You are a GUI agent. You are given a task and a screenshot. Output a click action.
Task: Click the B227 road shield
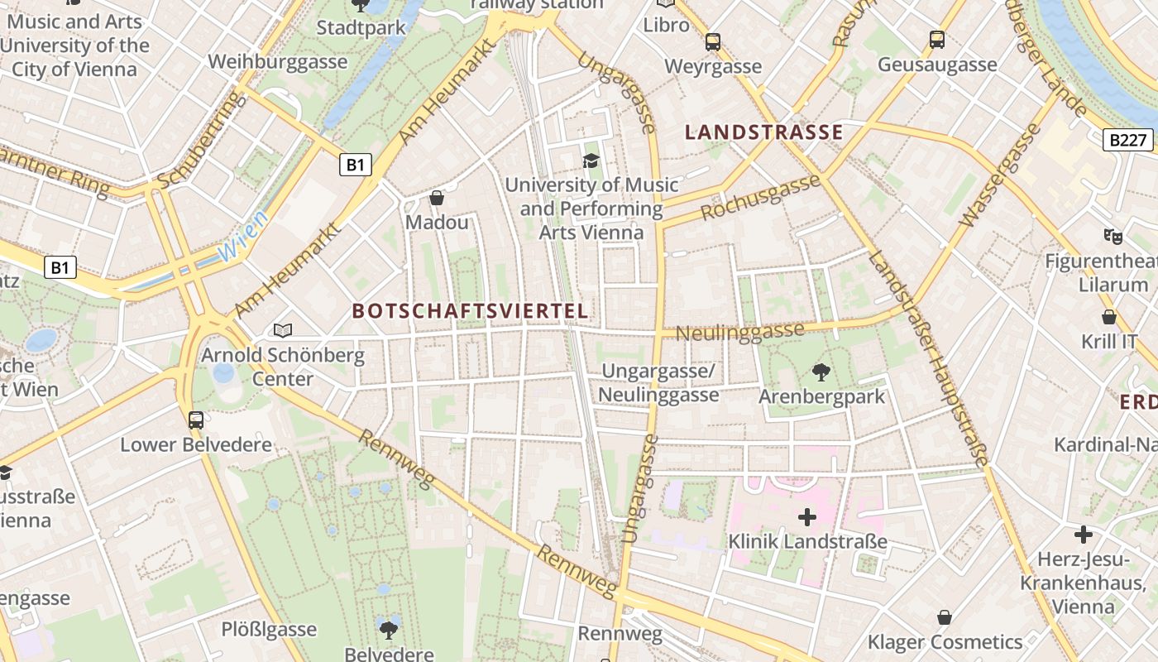coord(1128,140)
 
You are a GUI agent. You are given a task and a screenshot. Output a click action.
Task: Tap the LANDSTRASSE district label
coord(764,132)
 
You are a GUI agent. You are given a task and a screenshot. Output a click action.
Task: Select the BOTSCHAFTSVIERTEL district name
coord(471,311)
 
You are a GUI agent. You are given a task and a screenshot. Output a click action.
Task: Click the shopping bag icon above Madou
coord(437,199)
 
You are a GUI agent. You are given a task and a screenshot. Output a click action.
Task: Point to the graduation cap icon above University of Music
coord(591,161)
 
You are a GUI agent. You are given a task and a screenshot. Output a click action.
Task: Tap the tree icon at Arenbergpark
coord(821,372)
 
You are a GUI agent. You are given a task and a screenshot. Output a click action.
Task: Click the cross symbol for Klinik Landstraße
coord(807,518)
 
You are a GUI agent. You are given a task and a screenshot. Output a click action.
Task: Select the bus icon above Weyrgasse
coord(713,42)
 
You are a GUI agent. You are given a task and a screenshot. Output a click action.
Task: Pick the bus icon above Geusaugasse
coord(937,40)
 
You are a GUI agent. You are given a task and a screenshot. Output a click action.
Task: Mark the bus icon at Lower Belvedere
coord(196,420)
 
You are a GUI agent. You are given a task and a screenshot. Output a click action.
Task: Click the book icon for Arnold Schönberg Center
coord(283,331)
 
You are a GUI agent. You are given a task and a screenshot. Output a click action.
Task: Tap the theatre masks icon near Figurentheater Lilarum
coord(1113,237)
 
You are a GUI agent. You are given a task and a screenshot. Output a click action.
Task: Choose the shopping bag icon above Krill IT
coord(1109,317)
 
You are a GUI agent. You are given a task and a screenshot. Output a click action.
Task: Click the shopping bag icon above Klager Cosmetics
coord(945,617)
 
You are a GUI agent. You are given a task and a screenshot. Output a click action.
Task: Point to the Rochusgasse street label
coord(760,198)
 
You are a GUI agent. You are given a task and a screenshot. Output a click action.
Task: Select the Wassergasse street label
coord(999,175)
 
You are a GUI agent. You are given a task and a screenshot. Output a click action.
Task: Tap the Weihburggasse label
coord(278,62)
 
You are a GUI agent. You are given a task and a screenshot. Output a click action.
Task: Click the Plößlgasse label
coord(269,629)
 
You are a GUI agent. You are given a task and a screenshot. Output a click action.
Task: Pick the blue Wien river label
coord(245,237)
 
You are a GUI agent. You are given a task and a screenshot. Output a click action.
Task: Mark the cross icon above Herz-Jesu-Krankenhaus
coord(1084,535)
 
